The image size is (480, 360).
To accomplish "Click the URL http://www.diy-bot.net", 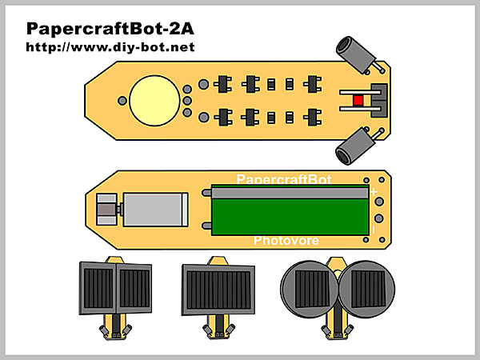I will [x=110, y=47].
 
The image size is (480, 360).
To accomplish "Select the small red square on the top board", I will [x=358, y=100].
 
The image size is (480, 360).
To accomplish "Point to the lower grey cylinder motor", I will [x=355, y=148].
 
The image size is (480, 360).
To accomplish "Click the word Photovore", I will [x=286, y=240].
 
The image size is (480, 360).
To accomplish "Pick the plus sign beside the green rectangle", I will [x=374, y=192].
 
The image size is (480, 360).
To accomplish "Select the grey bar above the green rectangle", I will [x=289, y=193].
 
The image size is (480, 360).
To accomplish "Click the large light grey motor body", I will [x=155, y=211].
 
